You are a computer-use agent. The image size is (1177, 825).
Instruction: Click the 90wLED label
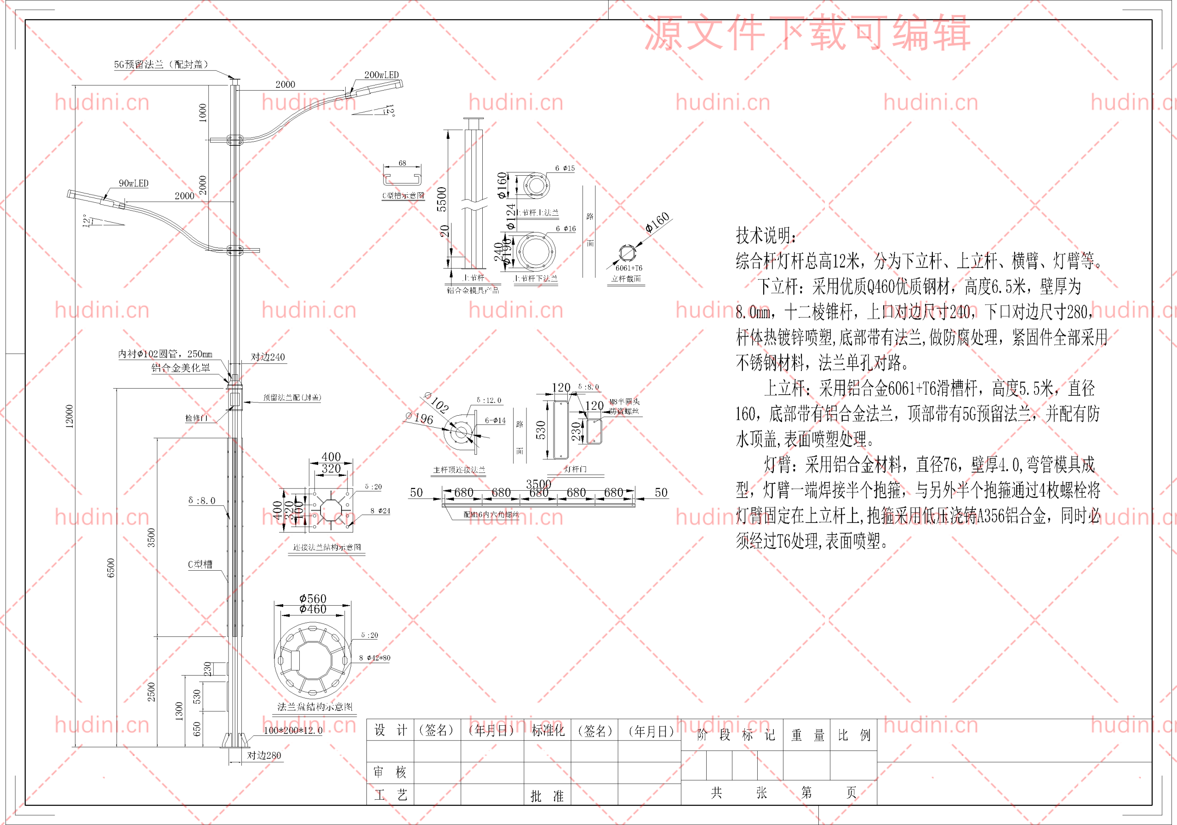[133, 183]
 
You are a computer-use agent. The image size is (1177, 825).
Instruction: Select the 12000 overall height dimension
[69, 416]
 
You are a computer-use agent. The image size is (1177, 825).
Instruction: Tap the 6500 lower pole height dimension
[111, 567]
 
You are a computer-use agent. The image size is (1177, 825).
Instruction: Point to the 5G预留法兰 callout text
[161, 64]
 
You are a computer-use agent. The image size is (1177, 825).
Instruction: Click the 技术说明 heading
[766, 235]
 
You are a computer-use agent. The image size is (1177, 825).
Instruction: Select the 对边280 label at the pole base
[264, 755]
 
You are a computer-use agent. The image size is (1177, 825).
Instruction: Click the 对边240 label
[268, 357]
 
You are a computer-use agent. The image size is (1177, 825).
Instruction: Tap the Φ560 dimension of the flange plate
[313, 598]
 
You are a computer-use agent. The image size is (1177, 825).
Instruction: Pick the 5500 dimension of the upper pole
[441, 199]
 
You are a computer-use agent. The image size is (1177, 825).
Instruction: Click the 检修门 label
[196, 418]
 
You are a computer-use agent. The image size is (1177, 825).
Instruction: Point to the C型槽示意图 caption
[403, 195]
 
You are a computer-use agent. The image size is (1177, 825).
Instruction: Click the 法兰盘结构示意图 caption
[315, 706]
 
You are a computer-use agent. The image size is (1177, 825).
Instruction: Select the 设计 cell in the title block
[390, 730]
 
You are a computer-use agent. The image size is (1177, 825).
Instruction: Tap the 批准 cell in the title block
[547, 796]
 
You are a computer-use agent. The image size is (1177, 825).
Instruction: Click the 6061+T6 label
[628, 268]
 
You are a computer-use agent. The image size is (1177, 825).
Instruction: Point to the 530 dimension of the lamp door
[541, 430]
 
